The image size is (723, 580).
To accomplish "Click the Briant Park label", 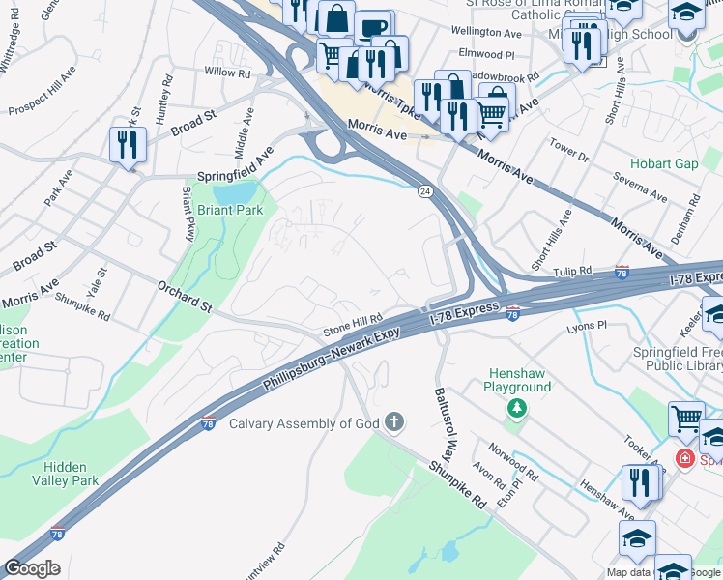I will pos(230,209).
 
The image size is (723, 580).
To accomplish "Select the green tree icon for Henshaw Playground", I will pos(518,409).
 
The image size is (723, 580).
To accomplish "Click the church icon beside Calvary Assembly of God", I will pos(393,421).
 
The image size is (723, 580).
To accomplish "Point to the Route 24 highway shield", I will pos(424,191).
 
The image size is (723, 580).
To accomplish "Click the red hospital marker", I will pos(685,457).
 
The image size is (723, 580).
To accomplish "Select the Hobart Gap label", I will pos(664,163).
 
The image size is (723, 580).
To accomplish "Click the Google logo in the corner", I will pos(32,568).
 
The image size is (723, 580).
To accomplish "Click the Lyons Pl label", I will pos(586,327).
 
